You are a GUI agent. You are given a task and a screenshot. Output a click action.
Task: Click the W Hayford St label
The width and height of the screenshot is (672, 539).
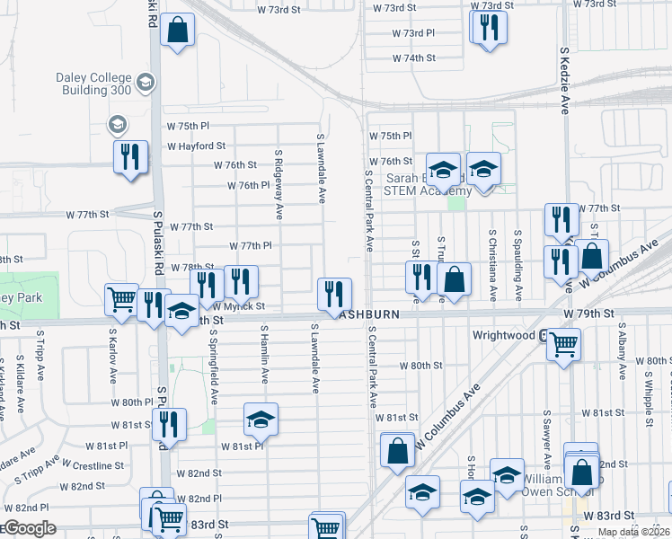pyautogui.click(x=195, y=146)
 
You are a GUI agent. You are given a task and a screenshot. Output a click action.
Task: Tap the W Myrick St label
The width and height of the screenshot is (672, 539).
pyautogui.click(x=239, y=307)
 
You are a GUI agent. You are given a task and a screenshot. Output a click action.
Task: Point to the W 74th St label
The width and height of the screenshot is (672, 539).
pyautogui.click(x=413, y=57)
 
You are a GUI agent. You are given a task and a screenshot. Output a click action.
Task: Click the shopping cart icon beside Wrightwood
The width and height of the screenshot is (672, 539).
pyautogui.click(x=563, y=341)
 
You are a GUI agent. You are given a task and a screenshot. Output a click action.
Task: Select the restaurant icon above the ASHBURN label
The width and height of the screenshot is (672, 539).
pyautogui.click(x=334, y=293)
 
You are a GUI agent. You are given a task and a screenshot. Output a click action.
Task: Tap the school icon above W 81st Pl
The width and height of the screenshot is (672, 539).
pyautogui.click(x=261, y=419)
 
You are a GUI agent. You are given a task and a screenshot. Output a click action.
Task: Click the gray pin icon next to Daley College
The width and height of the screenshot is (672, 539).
pyautogui.click(x=146, y=84)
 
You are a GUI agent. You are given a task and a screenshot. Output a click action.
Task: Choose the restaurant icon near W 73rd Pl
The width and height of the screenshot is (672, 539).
pyautogui.click(x=489, y=26)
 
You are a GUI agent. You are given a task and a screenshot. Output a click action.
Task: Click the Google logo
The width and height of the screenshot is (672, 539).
pyautogui.click(x=29, y=528)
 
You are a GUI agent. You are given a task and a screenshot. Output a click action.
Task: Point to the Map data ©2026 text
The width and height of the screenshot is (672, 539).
pyautogui.click(x=633, y=532)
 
